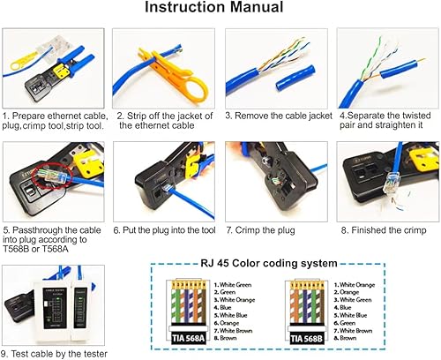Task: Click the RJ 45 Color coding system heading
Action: click(270, 263)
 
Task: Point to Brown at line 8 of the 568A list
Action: click(228, 337)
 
